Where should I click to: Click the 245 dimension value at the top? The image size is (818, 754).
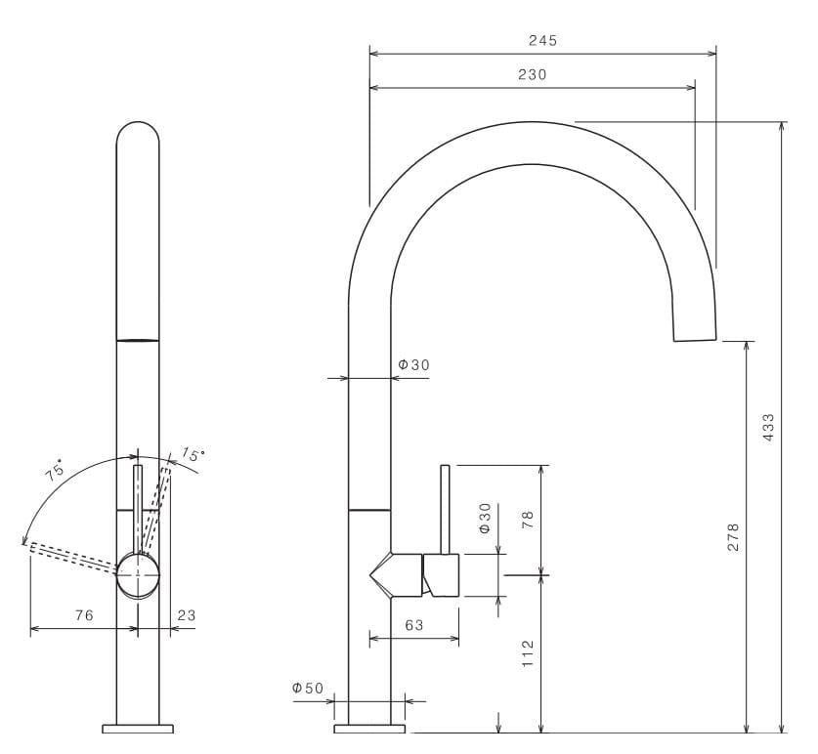542,40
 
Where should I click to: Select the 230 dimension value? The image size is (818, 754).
533,74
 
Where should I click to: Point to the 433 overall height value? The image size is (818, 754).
768,427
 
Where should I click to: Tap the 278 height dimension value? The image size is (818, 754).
733,537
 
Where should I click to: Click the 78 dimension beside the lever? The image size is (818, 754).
528,518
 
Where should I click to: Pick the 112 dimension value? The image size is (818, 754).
528,652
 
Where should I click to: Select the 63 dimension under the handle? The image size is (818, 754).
413,625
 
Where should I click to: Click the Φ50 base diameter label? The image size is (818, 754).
307,689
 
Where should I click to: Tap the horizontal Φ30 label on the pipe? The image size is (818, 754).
412,364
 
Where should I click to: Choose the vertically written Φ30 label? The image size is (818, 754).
485,518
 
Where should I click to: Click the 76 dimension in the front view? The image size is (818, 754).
84,615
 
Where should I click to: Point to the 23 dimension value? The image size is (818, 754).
187,615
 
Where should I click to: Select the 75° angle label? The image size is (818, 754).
55,470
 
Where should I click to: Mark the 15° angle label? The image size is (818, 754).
193,455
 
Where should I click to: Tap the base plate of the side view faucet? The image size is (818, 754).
369,729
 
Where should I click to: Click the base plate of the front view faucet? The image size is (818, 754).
138,729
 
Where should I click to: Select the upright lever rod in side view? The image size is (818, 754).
445,508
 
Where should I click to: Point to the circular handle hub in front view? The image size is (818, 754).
138,574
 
